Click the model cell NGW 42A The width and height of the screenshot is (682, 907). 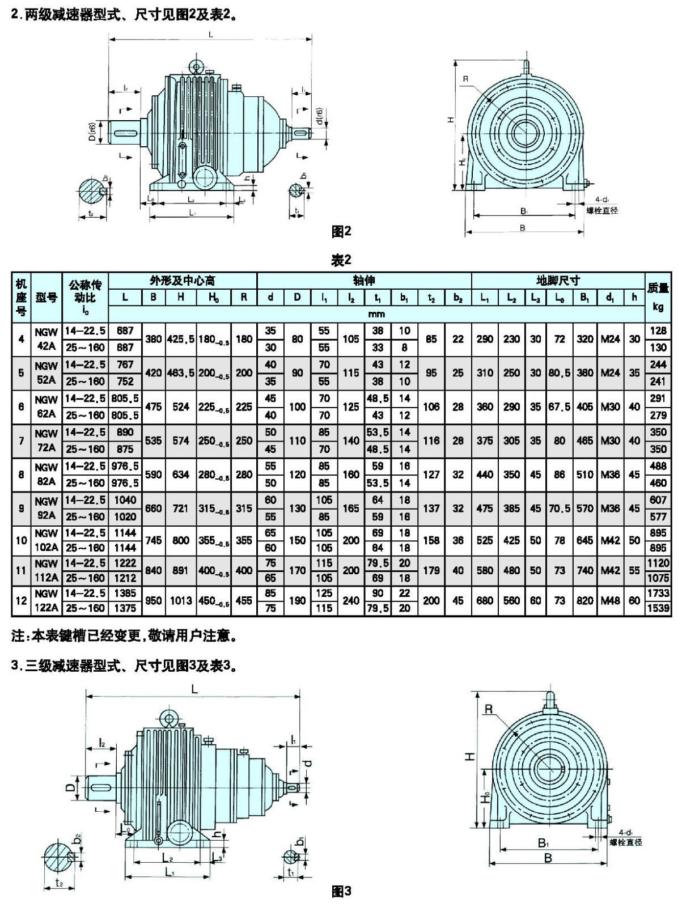(46, 339)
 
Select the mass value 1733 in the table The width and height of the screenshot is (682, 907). (658, 593)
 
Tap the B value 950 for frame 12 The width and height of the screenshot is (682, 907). (153, 600)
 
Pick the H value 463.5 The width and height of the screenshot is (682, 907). (181, 373)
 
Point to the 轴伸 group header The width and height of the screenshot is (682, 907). (364, 281)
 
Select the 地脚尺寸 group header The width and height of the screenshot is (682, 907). (558, 281)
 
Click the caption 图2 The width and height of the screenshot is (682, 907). (341, 231)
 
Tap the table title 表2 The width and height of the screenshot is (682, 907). (341, 260)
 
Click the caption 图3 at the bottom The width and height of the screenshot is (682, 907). (341, 892)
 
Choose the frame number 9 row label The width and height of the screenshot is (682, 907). (21, 508)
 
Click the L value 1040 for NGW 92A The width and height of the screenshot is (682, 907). (125, 500)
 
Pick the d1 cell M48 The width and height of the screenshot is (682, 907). (610, 600)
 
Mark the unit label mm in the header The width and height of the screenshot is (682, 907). (376, 314)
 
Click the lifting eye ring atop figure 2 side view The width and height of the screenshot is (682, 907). (197, 67)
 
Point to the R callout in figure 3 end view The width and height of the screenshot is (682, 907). (488, 709)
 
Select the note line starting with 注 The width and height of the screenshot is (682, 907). (124, 636)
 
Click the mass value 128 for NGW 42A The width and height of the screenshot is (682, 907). (658, 330)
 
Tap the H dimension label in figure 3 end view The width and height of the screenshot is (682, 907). (470, 756)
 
